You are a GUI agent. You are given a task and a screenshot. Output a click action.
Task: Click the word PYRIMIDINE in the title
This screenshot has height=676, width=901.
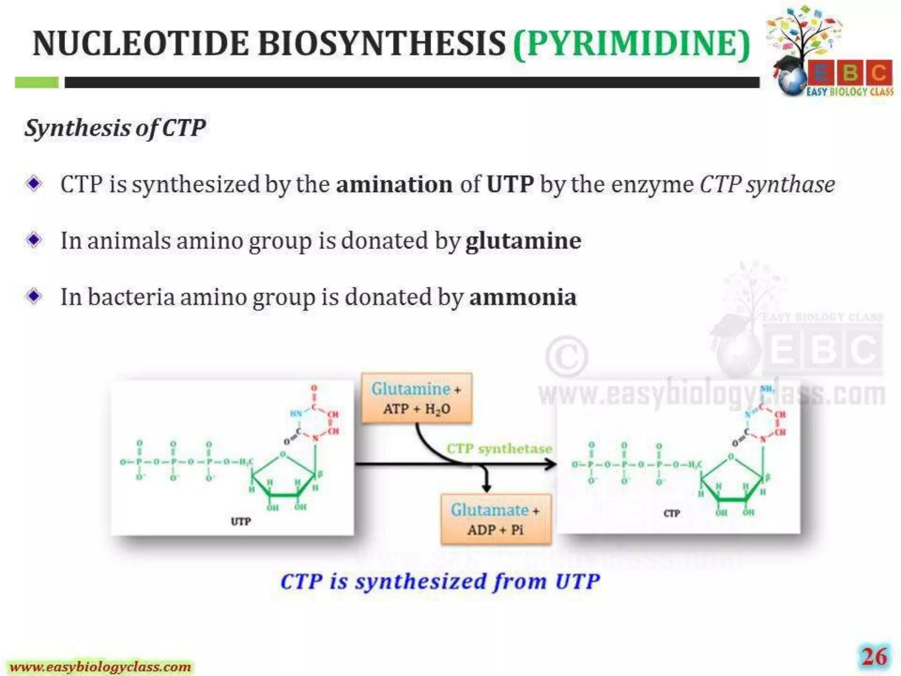click(x=632, y=44)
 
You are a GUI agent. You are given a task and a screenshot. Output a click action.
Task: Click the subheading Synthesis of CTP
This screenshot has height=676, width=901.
click(x=115, y=129)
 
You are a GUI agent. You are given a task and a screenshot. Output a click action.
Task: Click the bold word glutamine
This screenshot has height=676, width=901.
click(x=523, y=241)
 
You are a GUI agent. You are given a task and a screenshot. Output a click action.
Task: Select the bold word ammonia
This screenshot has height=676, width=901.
click(x=523, y=297)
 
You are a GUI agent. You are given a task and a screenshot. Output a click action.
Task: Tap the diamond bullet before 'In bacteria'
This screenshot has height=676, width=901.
click(x=34, y=296)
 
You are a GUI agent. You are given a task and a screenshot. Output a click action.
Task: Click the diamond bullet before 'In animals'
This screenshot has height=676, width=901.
click(x=34, y=240)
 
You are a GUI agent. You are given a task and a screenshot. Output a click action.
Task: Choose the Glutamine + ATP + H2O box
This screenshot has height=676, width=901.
click(x=416, y=399)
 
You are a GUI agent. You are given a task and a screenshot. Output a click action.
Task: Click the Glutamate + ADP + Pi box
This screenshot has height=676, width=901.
click(x=495, y=519)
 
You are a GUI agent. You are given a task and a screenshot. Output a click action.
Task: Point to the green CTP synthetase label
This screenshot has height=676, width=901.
click(x=499, y=448)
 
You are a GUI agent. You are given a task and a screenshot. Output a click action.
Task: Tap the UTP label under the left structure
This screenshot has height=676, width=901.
click(x=241, y=522)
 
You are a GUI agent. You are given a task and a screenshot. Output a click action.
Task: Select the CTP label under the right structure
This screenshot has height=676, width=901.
click(x=671, y=514)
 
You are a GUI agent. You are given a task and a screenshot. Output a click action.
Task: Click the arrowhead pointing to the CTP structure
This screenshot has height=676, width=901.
click(x=550, y=464)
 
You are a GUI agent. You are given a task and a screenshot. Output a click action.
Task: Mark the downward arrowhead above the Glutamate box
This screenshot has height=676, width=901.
click(x=486, y=487)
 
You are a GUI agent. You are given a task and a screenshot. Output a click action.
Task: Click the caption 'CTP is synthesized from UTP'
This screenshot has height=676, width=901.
click(x=440, y=581)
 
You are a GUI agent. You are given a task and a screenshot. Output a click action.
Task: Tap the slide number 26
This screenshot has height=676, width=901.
click(x=874, y=658)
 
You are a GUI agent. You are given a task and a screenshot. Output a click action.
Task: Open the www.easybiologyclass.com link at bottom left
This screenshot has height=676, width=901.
click(x=101, y=667)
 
